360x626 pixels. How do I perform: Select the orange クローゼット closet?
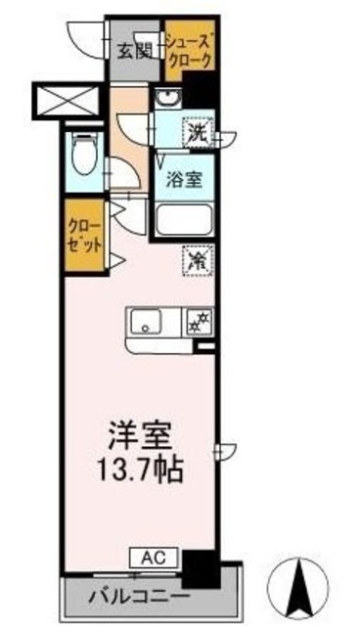pyautogui.click(x=82, y=235)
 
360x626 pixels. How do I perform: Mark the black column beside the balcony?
pyautogui.click(x=202, y=567)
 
